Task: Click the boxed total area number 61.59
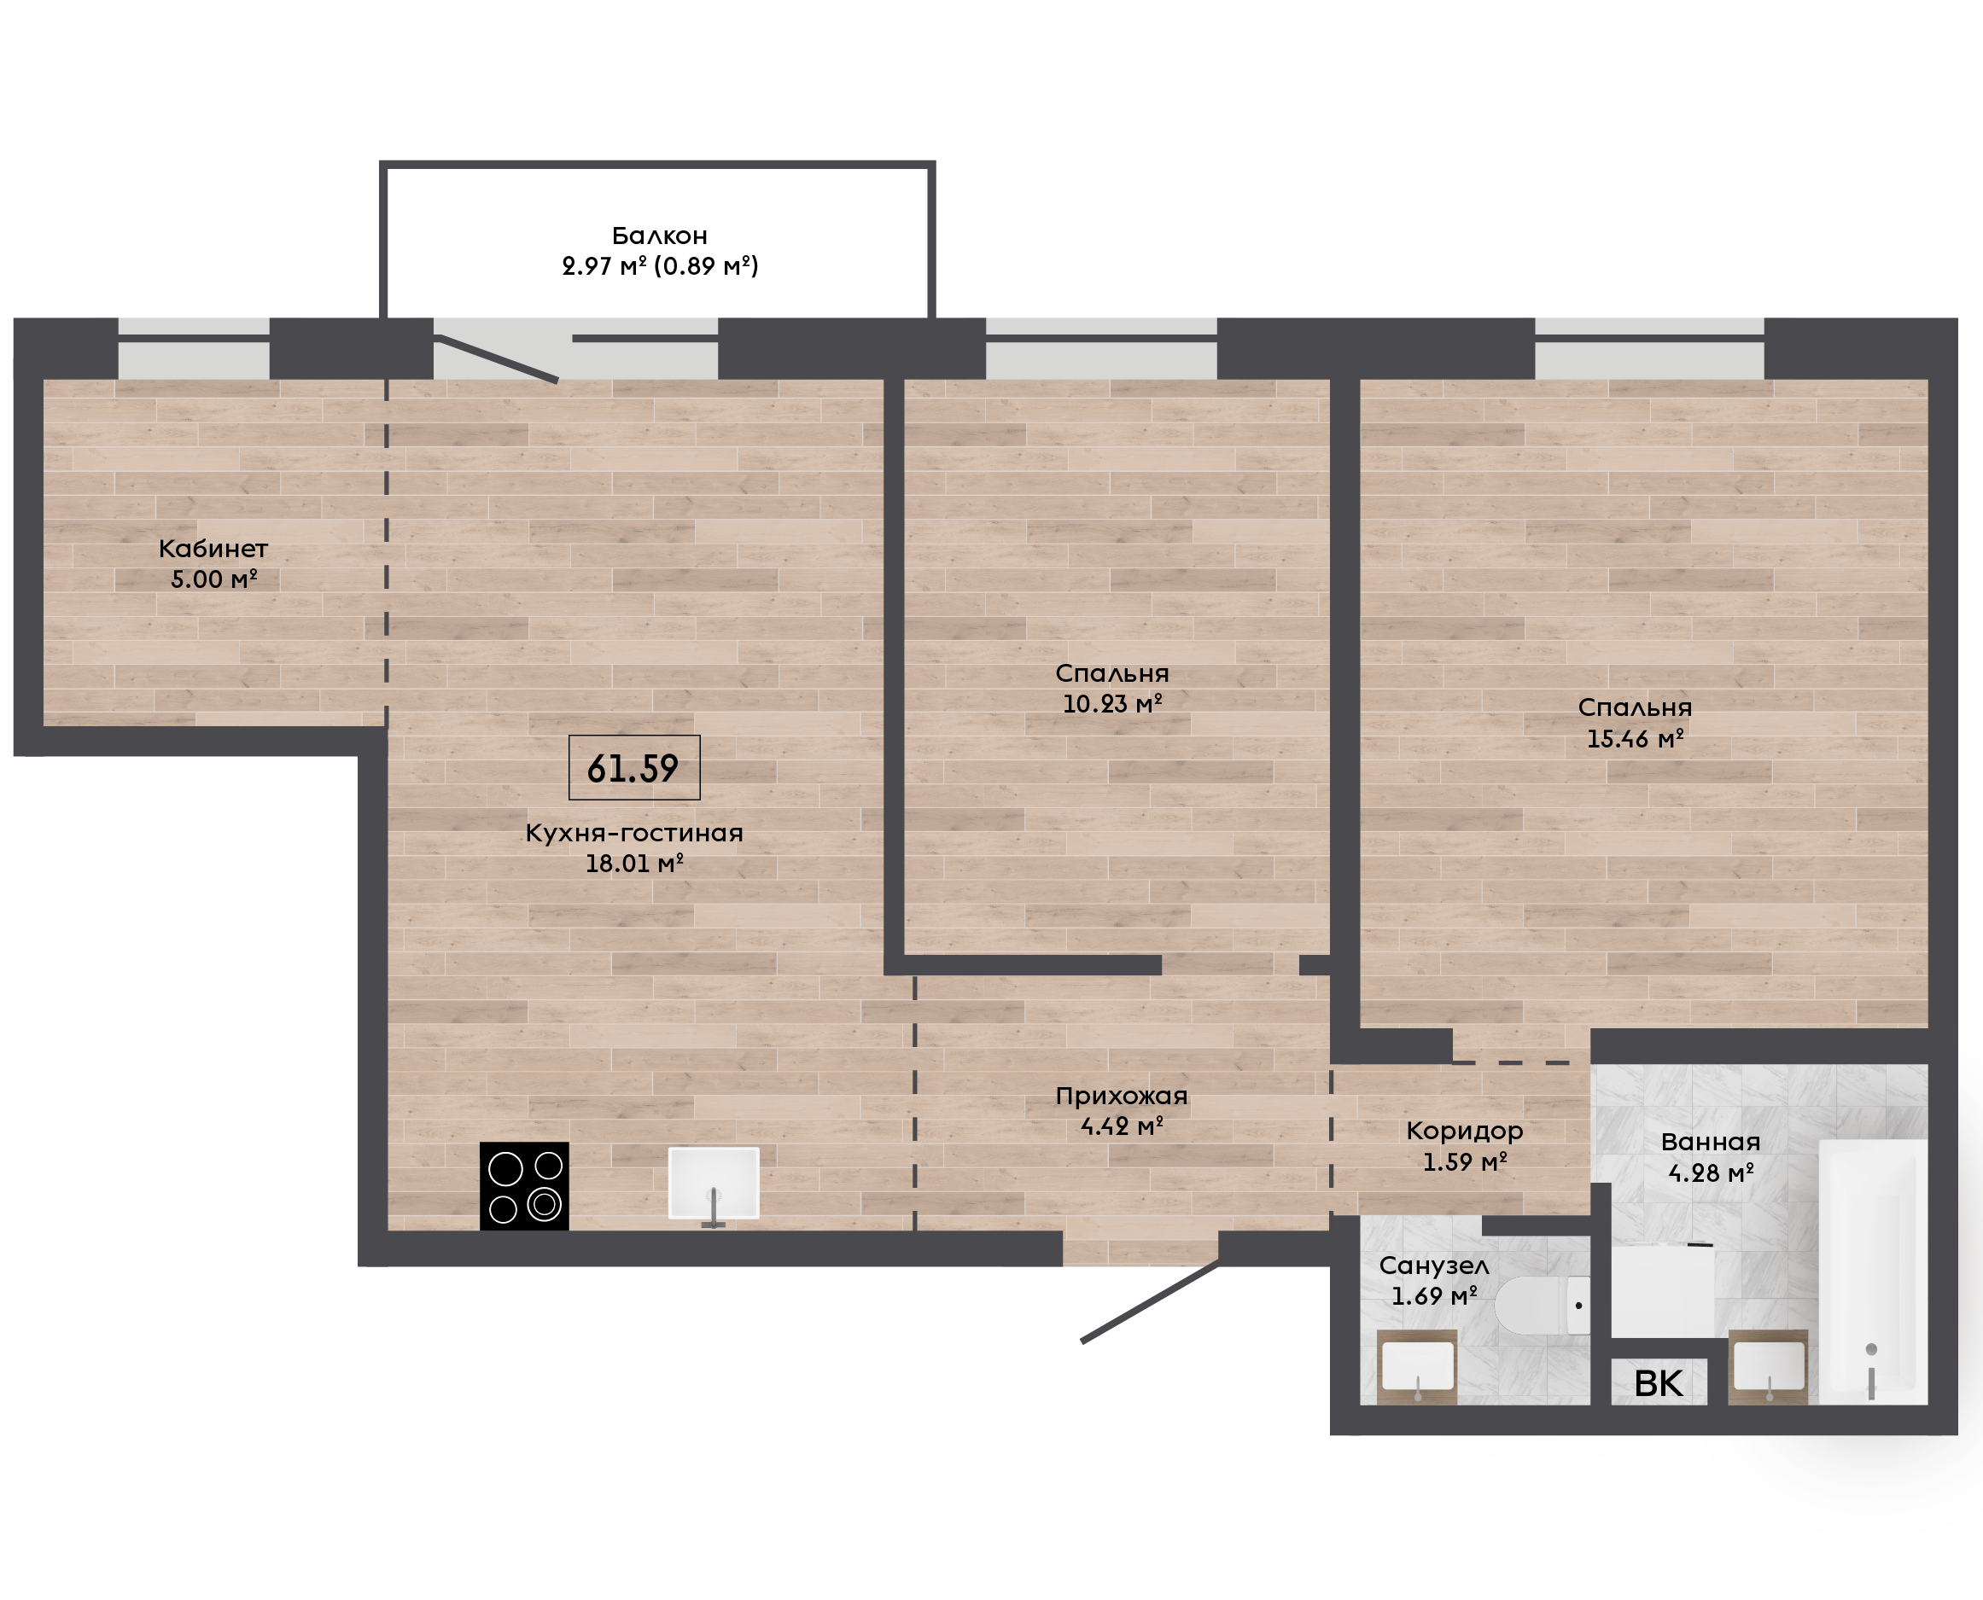[633, 768]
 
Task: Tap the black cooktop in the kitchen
[523, 1186]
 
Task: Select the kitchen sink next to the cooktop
[714, 1184]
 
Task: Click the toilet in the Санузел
[1542, 1305]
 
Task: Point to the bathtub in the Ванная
[1872, 1271]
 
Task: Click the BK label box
[1659, 1383]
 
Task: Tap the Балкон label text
[660, 236]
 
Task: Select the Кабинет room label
[213, 550]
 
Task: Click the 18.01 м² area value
[634, 864]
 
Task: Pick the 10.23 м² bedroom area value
[1111, 704]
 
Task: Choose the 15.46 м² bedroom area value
[1635, 739]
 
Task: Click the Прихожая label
[1121, 1097]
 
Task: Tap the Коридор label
[1464, 1132]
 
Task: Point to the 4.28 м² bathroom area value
[1711, 1173]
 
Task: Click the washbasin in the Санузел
[1417, 1368]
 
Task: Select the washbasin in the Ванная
[1768, 1368]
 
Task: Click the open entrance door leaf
[1151, 1301]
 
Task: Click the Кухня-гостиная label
[634, 833]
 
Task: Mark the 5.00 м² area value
[213, 579]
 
